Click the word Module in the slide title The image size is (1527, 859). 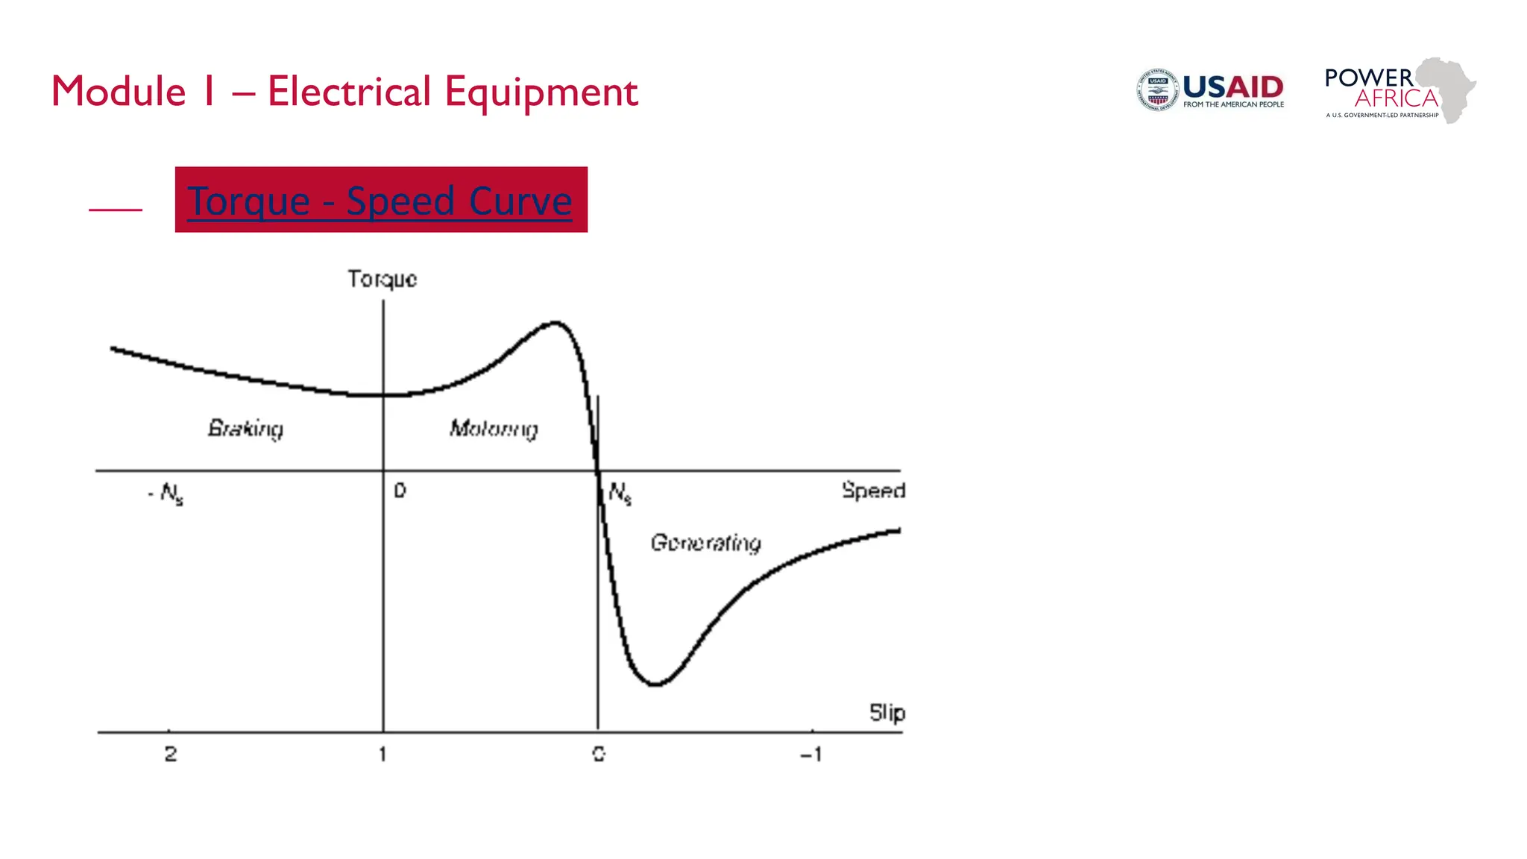pyautogui.click(x=118, y=92)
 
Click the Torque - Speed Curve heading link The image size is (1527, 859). pyautogui.click(x=380, y=201)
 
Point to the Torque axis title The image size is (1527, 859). pyautogui.click(x=382, y=279)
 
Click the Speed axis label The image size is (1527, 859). pyautogui.click(x=872, y=491)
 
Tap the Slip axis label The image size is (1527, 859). pyautogui.click(x=887, y=713)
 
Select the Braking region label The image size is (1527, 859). pyautogui.click(x=245, y=428)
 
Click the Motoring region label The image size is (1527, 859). pyautogui.click(x=493, y=429)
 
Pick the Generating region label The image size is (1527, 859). pyautogui.click(x=705, y=543)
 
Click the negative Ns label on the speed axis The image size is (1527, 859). pyautogui.click(x=167, y=494)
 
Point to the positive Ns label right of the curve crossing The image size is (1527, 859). pyautogui.click(x=620, y=493)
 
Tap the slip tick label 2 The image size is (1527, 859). pyautogui.click(x=171, y=754)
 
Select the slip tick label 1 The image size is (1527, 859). pyautogui.click(x=382, y=754)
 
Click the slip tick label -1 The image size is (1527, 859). pyautogui.click(x=810, y=754)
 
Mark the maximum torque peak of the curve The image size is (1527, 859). pyautogui.click(x=555, y=323)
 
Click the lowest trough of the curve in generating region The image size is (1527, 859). pyautogui.click(x=654, y=684)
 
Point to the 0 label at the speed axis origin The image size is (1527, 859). pyautogui.click(x=400, y=491)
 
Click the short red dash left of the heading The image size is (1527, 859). pyautogui.click(x=116, y=210)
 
